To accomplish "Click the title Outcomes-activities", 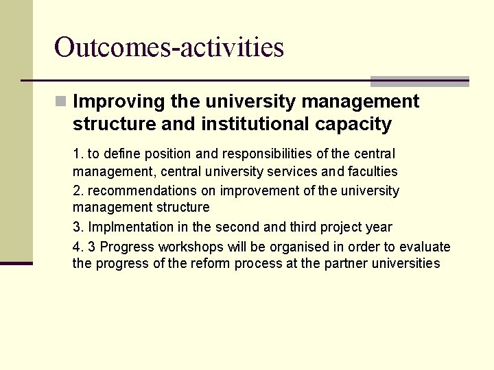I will (x=169, y=47).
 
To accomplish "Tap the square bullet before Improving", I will (x=61, y=101).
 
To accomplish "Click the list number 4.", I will (x=77, y=247).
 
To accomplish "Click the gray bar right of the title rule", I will (x=419, y=82).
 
